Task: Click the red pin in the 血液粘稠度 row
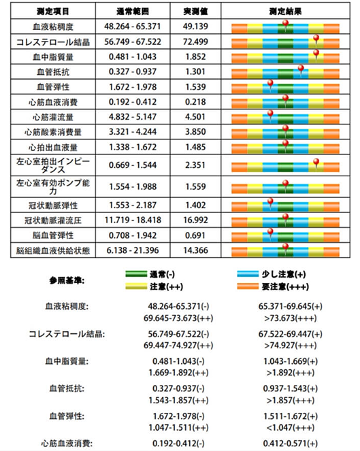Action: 285,24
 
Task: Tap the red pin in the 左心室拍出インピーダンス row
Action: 316,161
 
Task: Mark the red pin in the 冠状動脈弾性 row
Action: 270,202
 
